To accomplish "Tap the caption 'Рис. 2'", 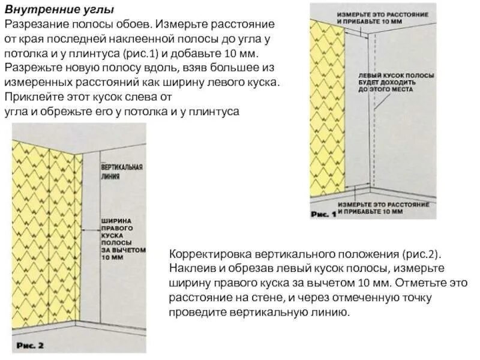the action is (x=30, y=345).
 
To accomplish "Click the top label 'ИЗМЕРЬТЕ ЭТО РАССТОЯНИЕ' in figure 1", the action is (x=383, y=14).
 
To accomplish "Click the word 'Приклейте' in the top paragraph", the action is (x=30, y=97).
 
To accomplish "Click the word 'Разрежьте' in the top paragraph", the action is (x=31, y=67).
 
